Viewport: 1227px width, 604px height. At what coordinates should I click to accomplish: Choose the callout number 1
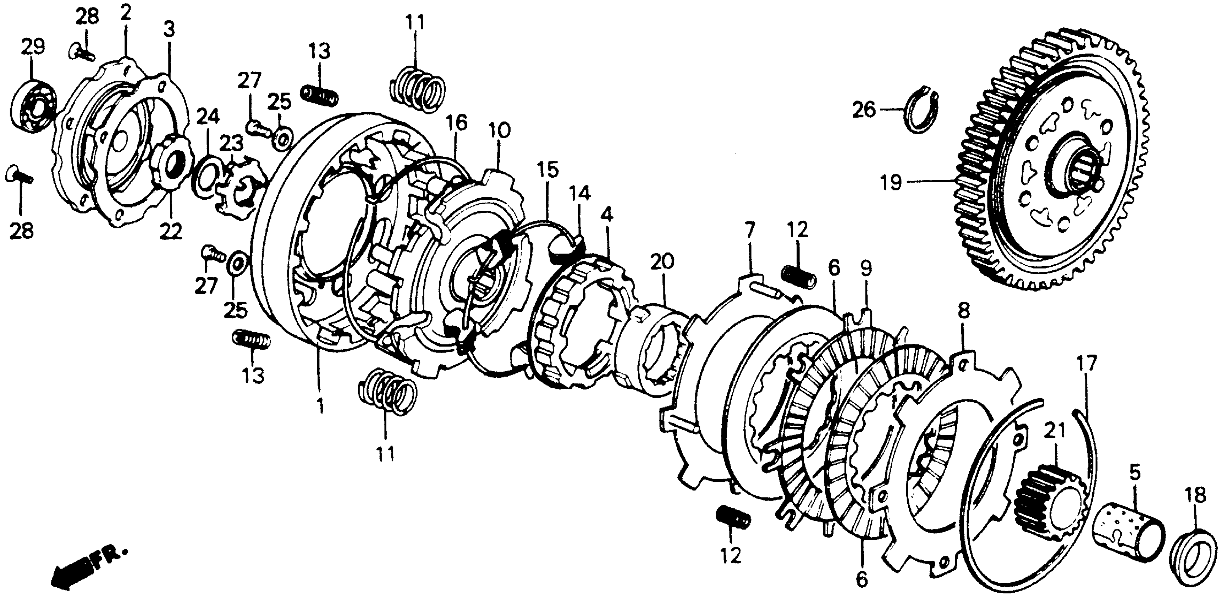(320, 406)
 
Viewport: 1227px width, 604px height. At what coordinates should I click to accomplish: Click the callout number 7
(749, 231)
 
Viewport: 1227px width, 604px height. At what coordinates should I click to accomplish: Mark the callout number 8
(963, 312)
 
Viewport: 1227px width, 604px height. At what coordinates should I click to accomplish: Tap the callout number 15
(548, 171)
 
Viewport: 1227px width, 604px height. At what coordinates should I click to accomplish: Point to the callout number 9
(866, 269)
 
